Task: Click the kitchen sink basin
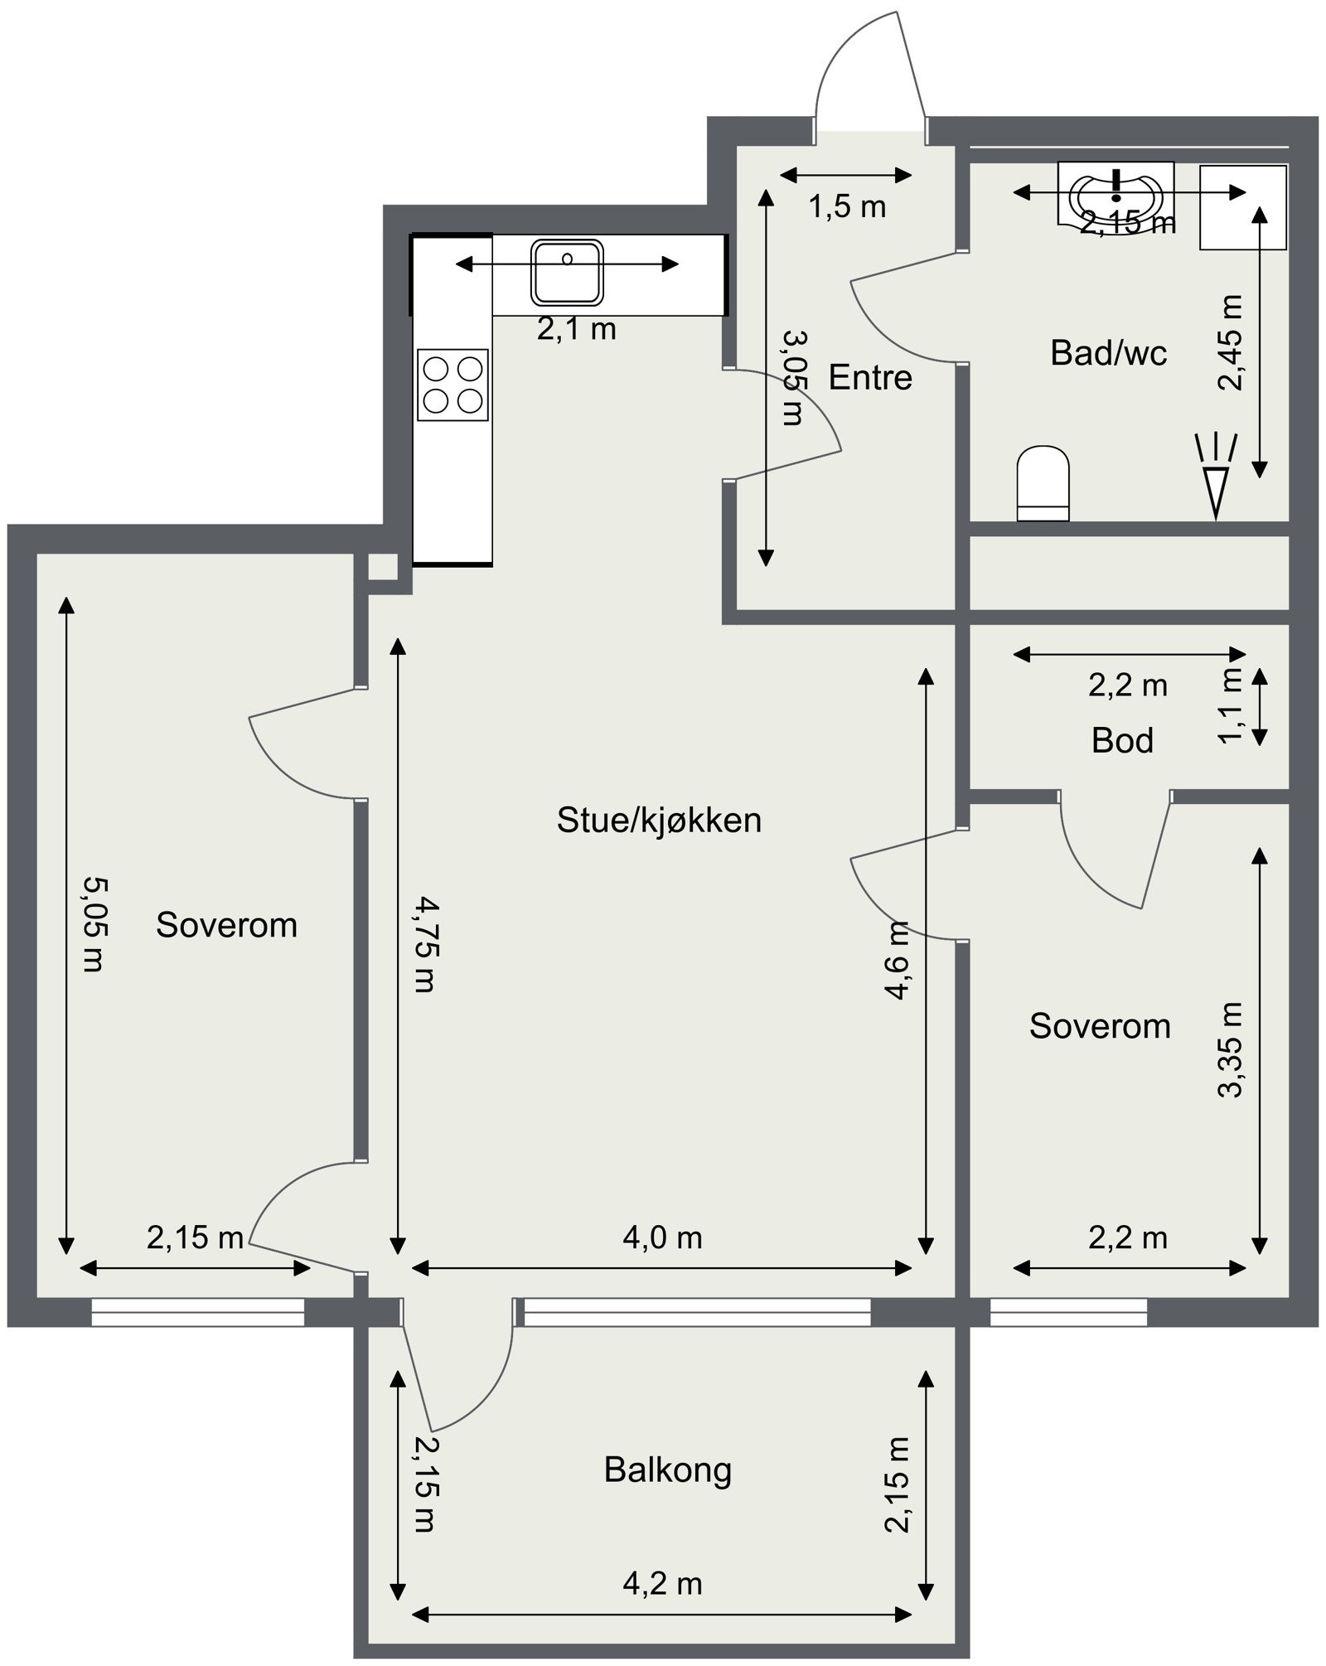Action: point(567,272)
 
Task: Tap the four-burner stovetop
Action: point(452,385)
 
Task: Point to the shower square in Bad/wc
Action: point(1243,207)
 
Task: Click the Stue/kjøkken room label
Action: point(659,821)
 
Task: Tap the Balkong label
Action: point(667,1470)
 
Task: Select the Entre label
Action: point(870,378)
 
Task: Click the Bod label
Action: point(1122,740)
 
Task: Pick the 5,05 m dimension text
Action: point(93,924)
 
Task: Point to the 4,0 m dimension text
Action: point(662,1238)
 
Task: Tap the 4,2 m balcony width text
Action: point(662,1584)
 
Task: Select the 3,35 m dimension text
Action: point(1232,1049)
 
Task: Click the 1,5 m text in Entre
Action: point(847,207)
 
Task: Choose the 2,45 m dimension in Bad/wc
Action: point(1232,341)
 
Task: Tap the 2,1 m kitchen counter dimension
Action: point(576,330)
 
